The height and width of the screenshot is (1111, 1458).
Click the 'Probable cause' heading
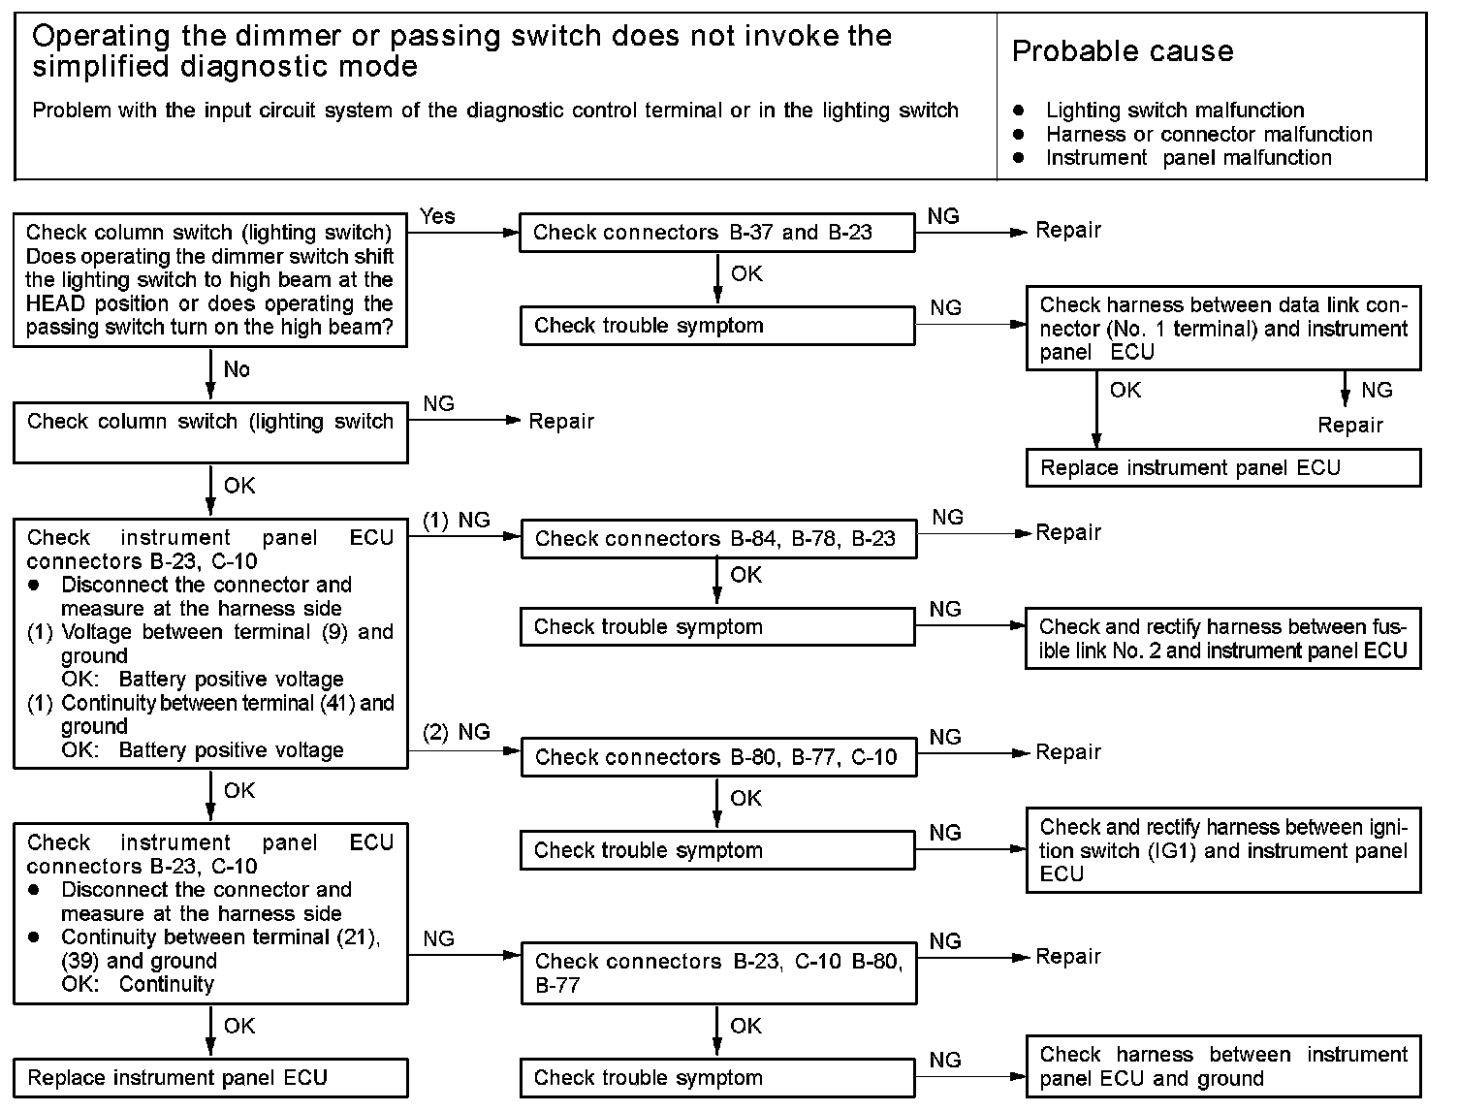pyautogui.click(x=1123, y=51)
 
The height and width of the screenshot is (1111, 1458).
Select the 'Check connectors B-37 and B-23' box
pyautogui.click(x=716, y=233)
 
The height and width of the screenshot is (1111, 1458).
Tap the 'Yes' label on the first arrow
pyautogui.click(x=437, y=216)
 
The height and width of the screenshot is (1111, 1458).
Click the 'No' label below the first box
pyautogui.click(x=237, y=369)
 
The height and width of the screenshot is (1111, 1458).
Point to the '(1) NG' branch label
pyautogui.click(x=457, y=520)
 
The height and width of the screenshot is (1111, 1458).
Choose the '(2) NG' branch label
pyautogui.click(x=457, y=733)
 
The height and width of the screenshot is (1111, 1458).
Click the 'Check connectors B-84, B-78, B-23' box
pyautogui.click(x=718, y=539)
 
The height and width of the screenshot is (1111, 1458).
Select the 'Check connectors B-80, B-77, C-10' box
pyautogui.click(x=718, y=757)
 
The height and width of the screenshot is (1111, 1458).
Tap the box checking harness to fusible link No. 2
pyautogui.click(x=1222, y=638)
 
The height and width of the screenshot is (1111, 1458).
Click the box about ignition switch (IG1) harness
pyautogui.click(x=1223, y=850)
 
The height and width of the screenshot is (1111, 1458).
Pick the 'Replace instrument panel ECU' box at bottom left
pyautogui.click(x=210, y=1078)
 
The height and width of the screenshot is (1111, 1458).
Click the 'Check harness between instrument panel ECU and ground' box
pyautogui.click(x=1223, y=1066)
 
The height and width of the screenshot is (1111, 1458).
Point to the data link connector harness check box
pyautogui.click(x=1223, y=328)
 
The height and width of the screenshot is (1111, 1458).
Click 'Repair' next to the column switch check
pyautogui.click(x=561, y=422)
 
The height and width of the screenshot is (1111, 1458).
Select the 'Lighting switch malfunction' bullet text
pyautogui.click(x=1175, y=110)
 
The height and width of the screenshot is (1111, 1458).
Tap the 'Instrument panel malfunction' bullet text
pyautogui.click(x=1189, y=157)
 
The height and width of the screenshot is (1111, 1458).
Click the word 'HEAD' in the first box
pyautogui.click(x=56, y=303)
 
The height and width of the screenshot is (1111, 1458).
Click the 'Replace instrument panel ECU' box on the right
pyautogui.click(x=1223, y=468)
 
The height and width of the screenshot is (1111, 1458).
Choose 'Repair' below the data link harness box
pyautogui.click(x=1350, y=425)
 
